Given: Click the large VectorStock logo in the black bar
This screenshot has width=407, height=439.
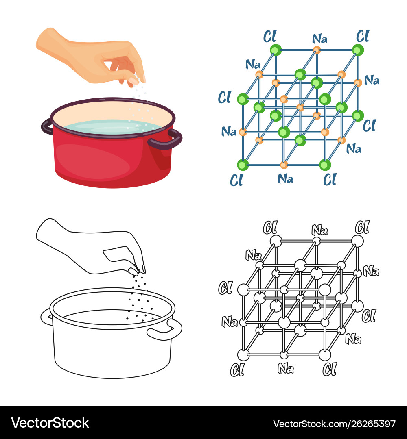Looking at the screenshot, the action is point(50,423).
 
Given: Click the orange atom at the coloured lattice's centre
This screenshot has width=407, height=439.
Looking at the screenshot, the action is point(300,107).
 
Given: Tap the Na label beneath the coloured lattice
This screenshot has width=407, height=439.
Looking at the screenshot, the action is point(285,178).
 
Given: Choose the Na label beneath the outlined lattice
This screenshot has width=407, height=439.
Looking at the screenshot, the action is point(286,369).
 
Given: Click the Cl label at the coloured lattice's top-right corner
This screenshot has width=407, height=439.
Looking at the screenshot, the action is point(363,37).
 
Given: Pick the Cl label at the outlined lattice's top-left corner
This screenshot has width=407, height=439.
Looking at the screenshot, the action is point(270,227).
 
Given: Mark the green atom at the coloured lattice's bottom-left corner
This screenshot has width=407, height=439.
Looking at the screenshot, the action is point(243,165).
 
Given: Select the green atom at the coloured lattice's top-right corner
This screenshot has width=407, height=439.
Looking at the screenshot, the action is point(358,50).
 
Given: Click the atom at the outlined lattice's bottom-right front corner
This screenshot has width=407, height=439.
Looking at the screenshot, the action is point(325,355).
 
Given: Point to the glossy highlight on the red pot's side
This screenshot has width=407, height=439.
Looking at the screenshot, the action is point(92,162).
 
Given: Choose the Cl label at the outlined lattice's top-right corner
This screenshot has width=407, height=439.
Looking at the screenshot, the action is point(363,227).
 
